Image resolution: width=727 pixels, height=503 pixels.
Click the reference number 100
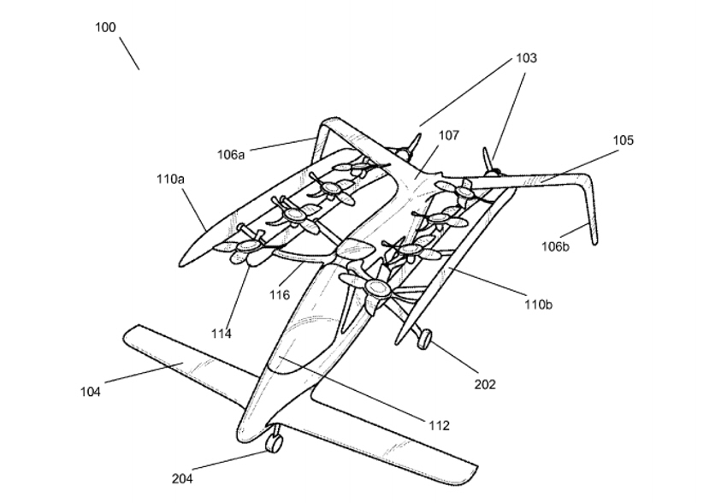point(105,27)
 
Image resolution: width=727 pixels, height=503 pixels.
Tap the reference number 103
point(526,58)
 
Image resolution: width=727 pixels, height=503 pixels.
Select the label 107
point(448,135)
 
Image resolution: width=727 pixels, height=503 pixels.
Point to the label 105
point(623,140)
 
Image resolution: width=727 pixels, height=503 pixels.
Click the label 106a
point(231,155)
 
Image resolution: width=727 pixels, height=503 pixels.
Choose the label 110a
point(169,180)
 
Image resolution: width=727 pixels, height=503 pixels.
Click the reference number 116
point(280,295)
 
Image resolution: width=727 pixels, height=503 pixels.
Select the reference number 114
point(222,334)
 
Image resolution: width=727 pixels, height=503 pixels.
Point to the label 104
point(91,392)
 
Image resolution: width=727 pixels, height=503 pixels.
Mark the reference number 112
point(438,425)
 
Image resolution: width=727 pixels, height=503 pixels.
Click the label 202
point(485,385)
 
